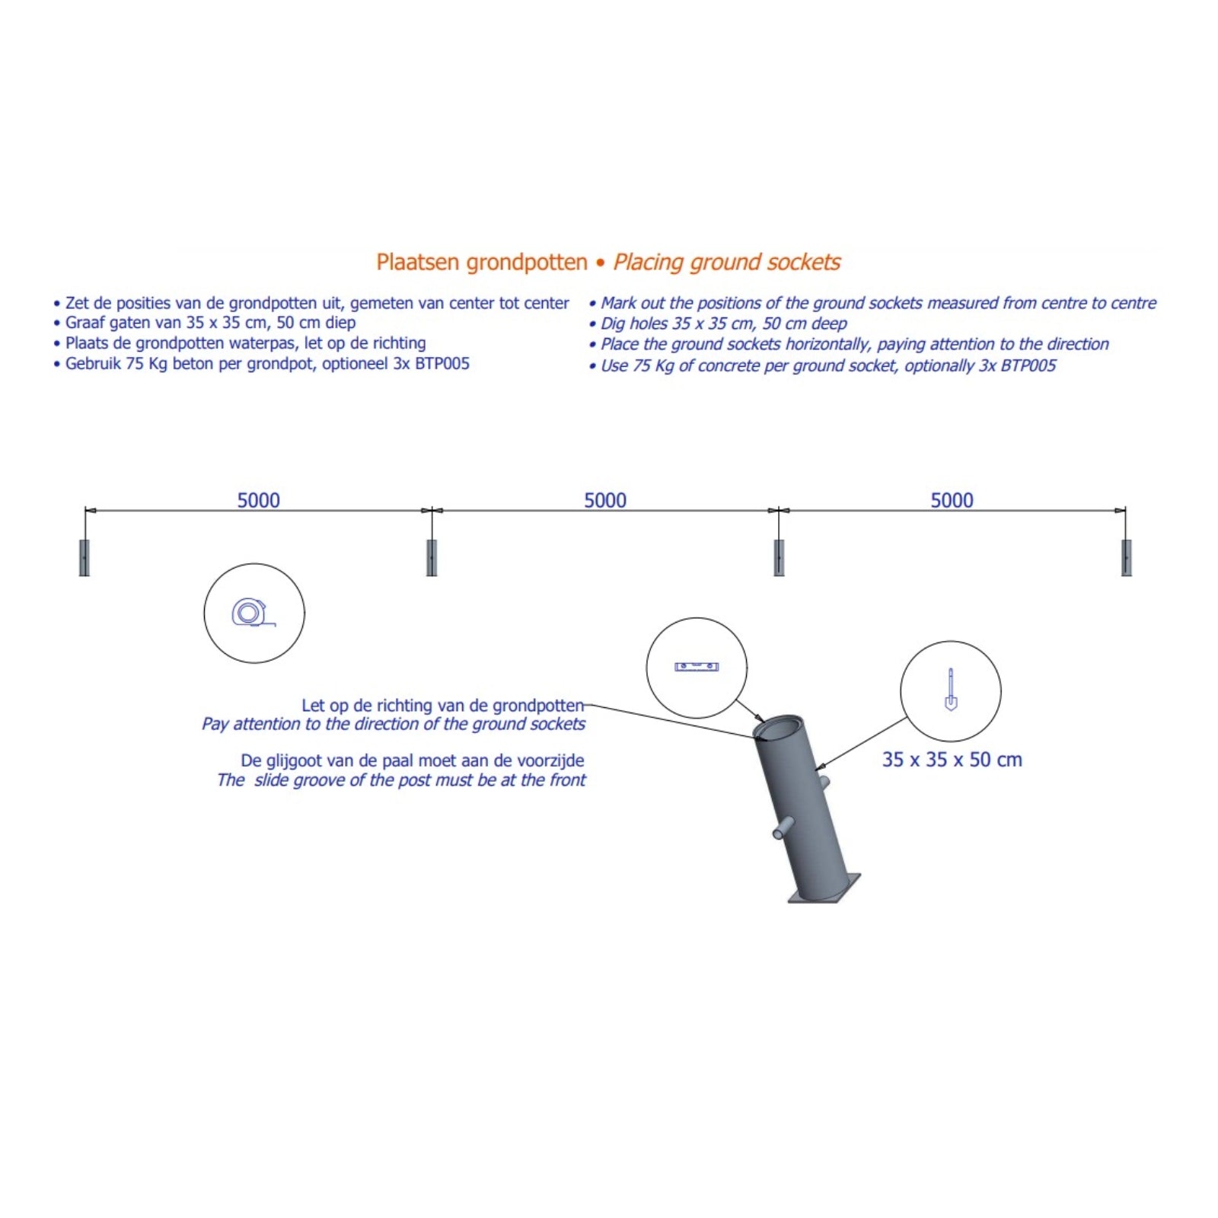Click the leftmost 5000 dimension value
(259, 500)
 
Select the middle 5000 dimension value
(605, 500)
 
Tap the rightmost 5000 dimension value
(952, 500)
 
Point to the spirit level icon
(697, 667)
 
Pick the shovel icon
(951, 690)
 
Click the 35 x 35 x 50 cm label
(952, 760)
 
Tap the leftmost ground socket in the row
(84, 558)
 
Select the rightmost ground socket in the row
(1127, 558)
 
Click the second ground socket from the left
(432, 558)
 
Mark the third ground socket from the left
(779, 558)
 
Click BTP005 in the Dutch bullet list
(442, 364)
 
